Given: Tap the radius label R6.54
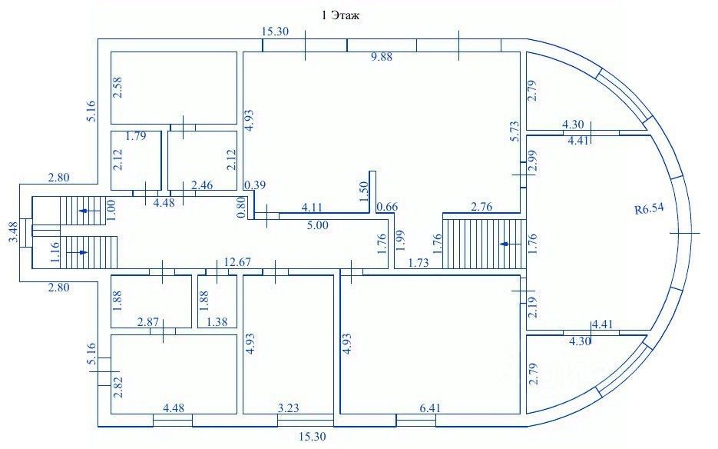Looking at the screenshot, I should click(x=650, y=208).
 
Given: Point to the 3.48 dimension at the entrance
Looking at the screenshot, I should click(x=12, y=232).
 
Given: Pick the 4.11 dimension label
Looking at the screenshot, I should click(x=312, y=208).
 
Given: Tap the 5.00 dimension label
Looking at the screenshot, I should click(x=318, y=225).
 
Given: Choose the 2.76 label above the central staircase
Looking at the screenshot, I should click(x=481, y=207).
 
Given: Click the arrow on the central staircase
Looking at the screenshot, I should click(x=505, y=244).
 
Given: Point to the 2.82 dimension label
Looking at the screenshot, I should click(x=117, y=384).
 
